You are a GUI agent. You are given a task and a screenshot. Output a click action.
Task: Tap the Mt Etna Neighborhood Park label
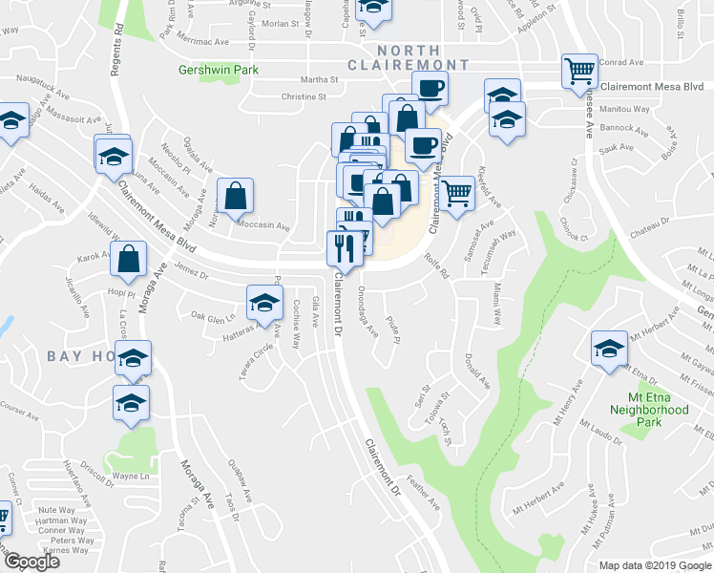pyautogui.click(x=649, y=403)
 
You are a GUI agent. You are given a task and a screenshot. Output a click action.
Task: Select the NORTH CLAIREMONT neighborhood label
pyautogui.click(x=422, y=57)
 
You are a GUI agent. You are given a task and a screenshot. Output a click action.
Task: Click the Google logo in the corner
pyautogui.click(x=31, y=562)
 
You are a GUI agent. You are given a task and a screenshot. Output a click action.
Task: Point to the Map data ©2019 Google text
pyautogui.click(x=655, y=565)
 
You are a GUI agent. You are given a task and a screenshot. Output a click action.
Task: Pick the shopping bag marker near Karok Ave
pyautogui.click(x=128, y=257)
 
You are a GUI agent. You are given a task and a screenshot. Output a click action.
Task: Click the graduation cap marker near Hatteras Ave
pyautogui.click(x=264, y=303)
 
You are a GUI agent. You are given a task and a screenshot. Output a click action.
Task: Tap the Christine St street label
pyautogui.click(x=304, y=96)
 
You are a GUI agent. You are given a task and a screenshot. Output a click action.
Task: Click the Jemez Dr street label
pyautogui.click(x=192, y=274)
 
